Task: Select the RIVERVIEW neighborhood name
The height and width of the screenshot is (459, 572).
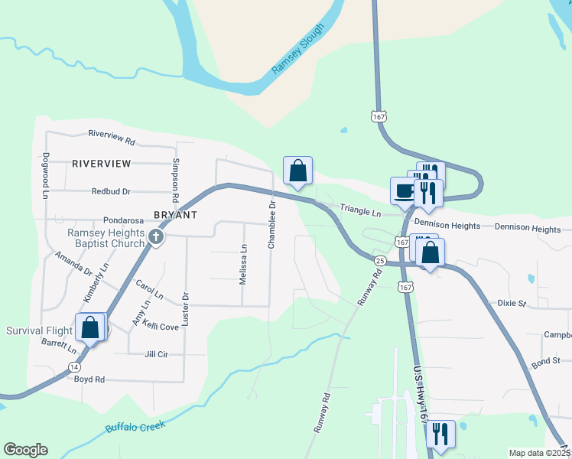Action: (101, 164)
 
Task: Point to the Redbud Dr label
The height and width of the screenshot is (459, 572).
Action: (111, 192)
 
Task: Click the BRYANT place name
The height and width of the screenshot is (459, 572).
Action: (175, 215)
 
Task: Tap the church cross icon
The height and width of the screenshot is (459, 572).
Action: (156, 237)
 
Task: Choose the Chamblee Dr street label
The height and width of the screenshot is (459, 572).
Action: (271, 225)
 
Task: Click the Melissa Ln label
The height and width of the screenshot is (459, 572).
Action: (243, 265)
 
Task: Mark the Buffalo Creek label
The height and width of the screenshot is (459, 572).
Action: (135, 427)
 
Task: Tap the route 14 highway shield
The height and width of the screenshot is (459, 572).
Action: (74, 367)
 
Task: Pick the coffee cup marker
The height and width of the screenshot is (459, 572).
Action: (403, 190)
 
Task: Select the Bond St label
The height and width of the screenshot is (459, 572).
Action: (546, 360)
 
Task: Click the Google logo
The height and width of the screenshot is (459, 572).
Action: (25, 450)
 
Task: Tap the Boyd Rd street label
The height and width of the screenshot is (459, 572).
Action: (89, 379)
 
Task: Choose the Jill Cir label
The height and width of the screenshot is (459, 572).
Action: (155, 355)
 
